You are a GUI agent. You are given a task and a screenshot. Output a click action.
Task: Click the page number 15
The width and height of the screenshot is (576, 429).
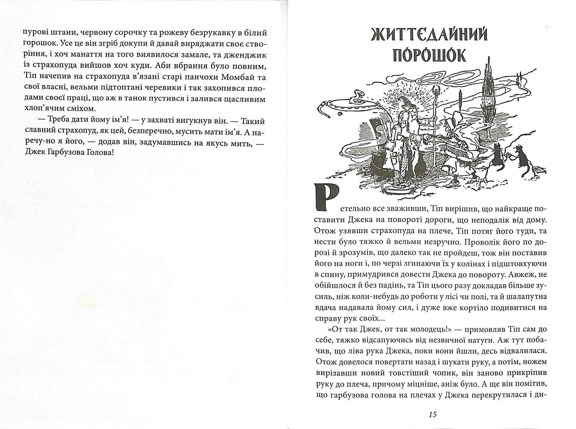[433, 415]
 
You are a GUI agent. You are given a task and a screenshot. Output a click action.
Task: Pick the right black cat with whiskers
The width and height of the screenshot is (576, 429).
[520, 157]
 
